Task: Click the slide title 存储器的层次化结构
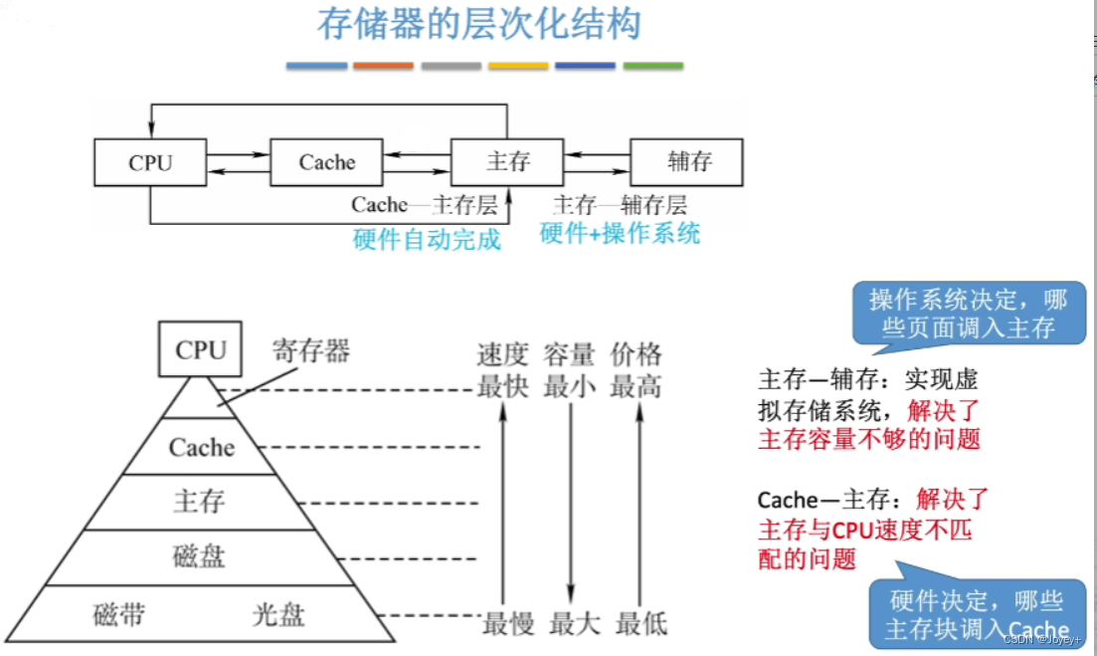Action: [x=478, y=24]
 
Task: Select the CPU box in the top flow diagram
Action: [x=150, y=162]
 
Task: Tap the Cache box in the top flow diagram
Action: [x=327, y=162]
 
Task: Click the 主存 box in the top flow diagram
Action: [x=508, y=162]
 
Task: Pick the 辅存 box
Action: [x=688, y=161]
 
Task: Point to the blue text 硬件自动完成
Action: [x=427, y=240]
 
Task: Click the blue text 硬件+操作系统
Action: [x=620, y=234]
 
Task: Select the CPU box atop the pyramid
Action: [x=201, y=349]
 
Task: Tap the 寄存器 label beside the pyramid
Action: [x=312, y=350]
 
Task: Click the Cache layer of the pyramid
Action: [x=202, y=448]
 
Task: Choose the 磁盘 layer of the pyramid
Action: [x=200, y=555]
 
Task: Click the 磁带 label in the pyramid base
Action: [x=119, y=614]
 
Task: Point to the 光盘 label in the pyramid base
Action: [x=278, y=614]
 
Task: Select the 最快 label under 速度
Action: [x=503, y=387]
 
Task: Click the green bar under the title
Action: [x=652, y=67]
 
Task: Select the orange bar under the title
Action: [x=383, y=67]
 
